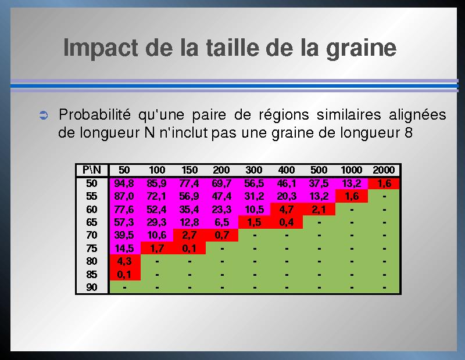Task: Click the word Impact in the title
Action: click(101, 48)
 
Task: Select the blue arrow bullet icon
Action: click(44, 116)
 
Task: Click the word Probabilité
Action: click(95, 114)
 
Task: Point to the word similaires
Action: click(349, 114)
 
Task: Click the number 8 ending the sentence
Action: click(409, 132)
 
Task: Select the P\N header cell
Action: click(92, 170)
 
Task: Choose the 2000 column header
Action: click(384, 170)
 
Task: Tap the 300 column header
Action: click(254, 170)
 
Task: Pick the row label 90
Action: click(92, 287)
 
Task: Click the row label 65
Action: click(92, 222)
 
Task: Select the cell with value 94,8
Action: click(124, 183)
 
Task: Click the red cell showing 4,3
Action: click(124, 261)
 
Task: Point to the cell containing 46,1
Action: click(287, 183)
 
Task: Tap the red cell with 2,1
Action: click(319, 210)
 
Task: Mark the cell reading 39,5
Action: click(124, 235)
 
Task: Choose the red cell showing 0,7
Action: click(222, 235)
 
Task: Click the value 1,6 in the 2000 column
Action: click(384, 183)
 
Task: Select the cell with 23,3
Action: click(221, 210)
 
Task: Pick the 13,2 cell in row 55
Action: click(319, 196)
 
